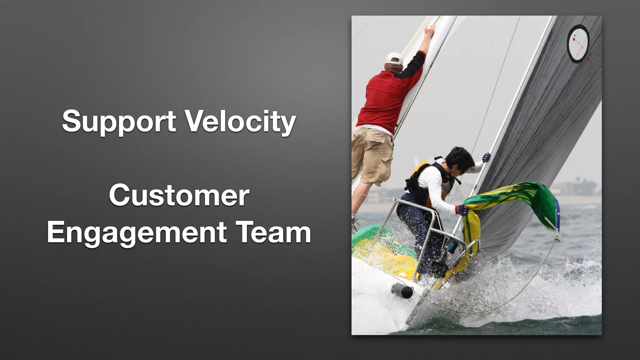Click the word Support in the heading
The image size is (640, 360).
(x=119, y=121)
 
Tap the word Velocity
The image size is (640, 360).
(x=241, y=121)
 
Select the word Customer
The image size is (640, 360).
(x=179, y=196)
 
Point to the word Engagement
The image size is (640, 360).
(x=137, y=232)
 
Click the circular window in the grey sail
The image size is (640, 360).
(x=578, y=44)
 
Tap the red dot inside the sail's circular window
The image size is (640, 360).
(x=574, y=40)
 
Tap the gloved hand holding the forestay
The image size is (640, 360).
(x=486, y=157)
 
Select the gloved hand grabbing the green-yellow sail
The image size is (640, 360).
(x=462, y=209)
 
